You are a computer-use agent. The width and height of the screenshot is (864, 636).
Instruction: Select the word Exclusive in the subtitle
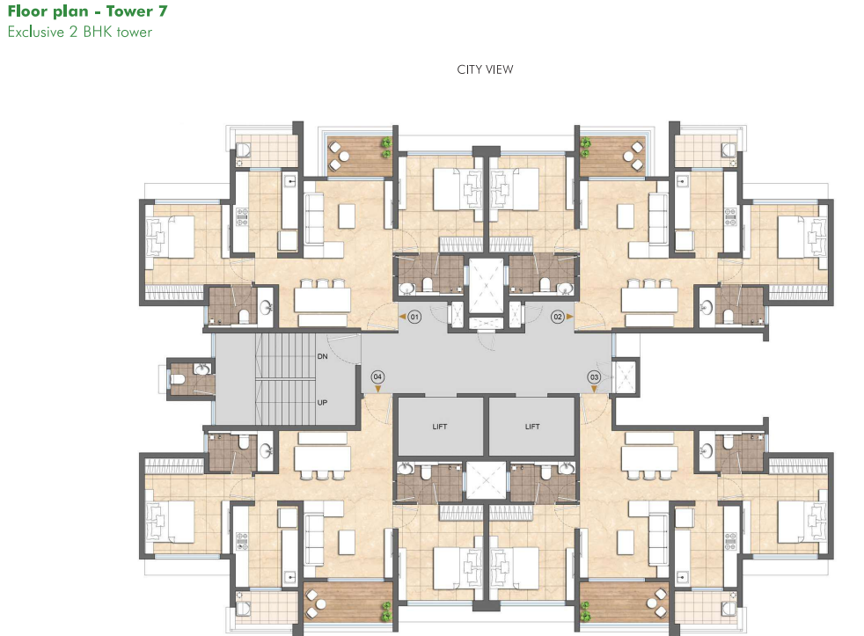(34, 33)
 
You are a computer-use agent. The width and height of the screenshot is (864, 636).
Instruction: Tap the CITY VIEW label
(485, 69)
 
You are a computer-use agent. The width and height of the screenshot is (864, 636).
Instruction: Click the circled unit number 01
(414, 315)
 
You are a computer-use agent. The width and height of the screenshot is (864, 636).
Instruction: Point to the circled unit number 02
(557, 315)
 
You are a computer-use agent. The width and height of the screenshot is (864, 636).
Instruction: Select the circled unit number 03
(594, 376)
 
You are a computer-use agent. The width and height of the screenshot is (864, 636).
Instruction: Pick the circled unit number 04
(377, 376)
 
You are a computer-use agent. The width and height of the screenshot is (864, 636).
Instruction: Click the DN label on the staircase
(323, 357)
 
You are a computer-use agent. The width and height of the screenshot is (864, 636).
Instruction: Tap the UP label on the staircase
(323, 402)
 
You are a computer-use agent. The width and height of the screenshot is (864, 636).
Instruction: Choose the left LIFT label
(440, 427)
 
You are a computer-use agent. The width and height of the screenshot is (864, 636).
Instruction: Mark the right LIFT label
(531, 427)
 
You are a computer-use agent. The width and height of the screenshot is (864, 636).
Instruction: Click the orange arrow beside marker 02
(570, 315)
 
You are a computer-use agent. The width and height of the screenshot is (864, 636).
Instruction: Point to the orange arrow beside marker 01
(401, 315)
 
